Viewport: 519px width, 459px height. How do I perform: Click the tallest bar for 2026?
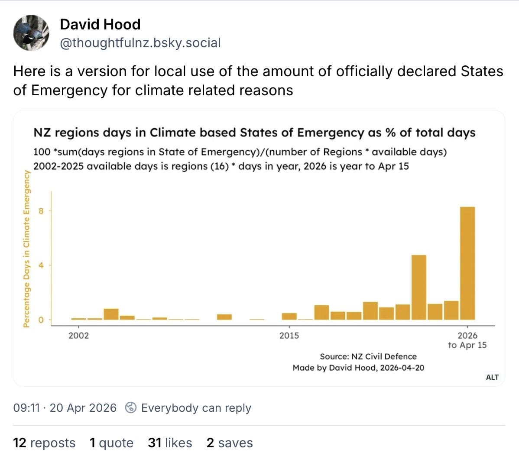click(x=467, y=263)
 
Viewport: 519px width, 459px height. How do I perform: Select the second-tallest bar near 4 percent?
click(x=418, y=287)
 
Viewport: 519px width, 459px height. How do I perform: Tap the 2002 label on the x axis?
click(x=78, y=336)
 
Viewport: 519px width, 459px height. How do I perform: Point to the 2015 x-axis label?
click(x=289, y=336)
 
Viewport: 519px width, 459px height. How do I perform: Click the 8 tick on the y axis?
click(x=41, y=211)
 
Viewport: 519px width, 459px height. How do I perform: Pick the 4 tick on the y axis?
click(x=41, y=265)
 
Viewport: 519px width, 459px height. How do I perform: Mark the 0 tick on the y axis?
click(x=41, y=320)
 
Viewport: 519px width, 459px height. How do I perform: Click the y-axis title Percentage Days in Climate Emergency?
click(x=26, y=249)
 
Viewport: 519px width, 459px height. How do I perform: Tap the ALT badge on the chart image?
click(x=492, y=377)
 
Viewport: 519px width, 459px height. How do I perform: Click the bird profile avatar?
click(x=31, y=33)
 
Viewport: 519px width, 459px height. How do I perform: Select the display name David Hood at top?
click(x=100, y=24)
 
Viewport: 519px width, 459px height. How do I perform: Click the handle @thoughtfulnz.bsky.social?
click(x=140, y=43)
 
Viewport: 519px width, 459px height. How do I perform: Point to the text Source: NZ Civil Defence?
click(x=368, y=356)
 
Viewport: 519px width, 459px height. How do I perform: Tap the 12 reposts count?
click(x=44, y=443)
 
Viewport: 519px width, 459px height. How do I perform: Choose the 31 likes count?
click(x=170, y=443)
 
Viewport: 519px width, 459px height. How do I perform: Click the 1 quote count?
click(x=111, y=443)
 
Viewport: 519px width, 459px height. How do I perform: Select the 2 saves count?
click(x=230, y=443)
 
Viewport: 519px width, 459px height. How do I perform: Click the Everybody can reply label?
click(x=196, y=408)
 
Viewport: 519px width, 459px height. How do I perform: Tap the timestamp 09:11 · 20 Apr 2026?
click(x=65, y=408)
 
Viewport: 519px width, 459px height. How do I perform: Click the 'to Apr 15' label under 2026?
click(x=467, y=346)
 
